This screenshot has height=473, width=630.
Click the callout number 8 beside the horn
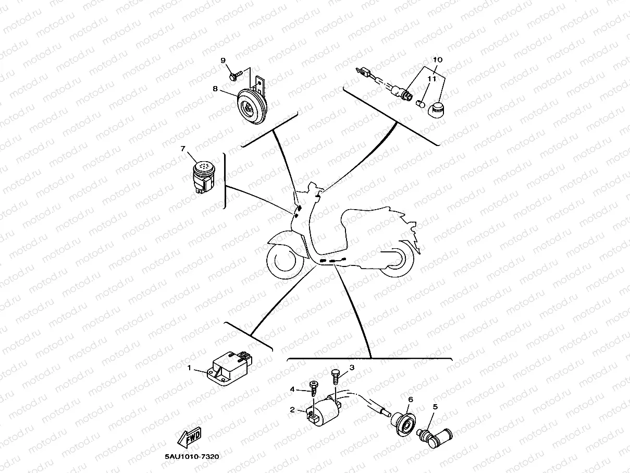[229, 89]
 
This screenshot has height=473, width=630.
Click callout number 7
[183, 149]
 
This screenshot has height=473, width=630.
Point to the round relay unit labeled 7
[204, 175]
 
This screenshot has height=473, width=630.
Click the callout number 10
[437, 60]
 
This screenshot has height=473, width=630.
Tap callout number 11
[431, 79]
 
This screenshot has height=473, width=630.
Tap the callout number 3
[352, 368]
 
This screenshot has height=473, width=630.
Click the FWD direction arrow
[190, 439]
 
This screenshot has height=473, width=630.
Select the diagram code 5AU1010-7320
[192, 457]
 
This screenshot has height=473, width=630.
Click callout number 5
[435, 406]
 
